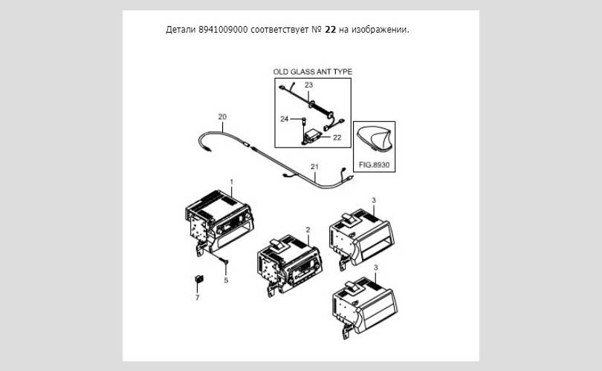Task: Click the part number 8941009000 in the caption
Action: [x=223, y=30]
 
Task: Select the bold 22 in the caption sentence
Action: [x=330, y=30]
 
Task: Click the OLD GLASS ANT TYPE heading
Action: [x=312, y=72]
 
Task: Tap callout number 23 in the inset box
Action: [x=308, y=85]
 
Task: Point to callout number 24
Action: [x=284, y=119]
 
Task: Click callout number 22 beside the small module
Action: [x=337, y=137]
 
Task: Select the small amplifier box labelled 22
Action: [x=312, y=135]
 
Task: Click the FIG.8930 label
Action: [x=374, y=165]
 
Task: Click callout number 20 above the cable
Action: [x=222, y=116]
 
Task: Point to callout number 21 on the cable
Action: [x=314, y=166]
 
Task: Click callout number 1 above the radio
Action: [x=231, y=182]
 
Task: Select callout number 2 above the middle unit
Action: [x=308, y=229]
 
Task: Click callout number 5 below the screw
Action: [x=226, y=280]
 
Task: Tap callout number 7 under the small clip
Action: [x=198, y=298]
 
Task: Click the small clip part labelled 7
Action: [x=199, y=279]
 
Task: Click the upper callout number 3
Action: [x=374, y=200]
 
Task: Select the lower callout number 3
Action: [x=375, y=267]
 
